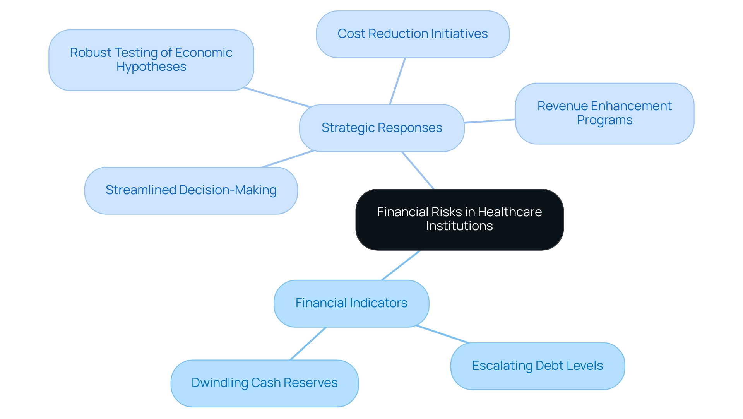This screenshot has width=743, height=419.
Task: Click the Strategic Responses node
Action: coord(382,128)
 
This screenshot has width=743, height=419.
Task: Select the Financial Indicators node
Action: coord(351,303)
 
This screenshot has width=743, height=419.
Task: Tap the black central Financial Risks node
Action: coord(459,219)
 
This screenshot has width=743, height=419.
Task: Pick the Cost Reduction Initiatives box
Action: coord(413,34)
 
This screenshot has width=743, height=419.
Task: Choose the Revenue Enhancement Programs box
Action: coord(604,113)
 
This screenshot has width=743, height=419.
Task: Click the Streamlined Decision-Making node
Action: coord(191,190)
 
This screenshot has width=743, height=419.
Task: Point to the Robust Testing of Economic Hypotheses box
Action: coord(151,60)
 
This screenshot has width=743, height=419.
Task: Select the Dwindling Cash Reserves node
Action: coord(265,383)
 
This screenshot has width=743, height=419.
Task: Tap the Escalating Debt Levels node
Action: coord(538,366)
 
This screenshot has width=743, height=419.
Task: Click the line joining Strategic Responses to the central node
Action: coord(418,170)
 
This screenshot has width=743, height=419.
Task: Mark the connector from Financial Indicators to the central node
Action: coord(401,265)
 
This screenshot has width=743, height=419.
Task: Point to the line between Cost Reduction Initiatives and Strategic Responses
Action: coord(397,81)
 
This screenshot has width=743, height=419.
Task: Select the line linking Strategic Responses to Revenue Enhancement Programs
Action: coord(490,121)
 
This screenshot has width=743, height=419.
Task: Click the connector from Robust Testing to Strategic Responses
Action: coord(277,97)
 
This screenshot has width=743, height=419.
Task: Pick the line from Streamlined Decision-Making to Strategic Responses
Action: coord(288,159)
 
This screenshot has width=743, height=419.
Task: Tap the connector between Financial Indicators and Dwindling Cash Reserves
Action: coord(308,344)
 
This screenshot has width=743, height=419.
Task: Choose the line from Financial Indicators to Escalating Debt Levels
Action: coord(443,334)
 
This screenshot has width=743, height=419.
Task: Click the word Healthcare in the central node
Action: coord(510,212)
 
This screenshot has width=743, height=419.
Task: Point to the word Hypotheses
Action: coord(151,67)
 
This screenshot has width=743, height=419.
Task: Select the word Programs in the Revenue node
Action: coord(604,120)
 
